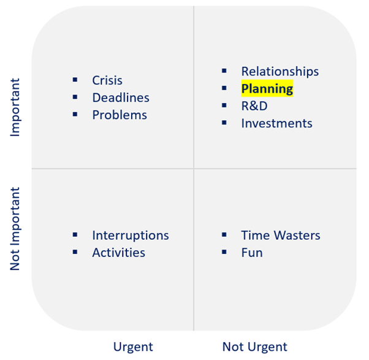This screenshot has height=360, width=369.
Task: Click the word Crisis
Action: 107,80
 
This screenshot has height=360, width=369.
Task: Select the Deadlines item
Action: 121,98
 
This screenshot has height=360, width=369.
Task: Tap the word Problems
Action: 120,115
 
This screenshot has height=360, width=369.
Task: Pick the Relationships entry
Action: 280,72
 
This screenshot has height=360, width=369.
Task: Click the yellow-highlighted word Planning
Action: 267,89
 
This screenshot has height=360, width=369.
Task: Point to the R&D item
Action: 254,106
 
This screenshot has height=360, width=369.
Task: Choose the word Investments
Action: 277,123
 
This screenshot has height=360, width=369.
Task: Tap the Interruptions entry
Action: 131,236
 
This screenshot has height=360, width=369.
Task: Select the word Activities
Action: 119,253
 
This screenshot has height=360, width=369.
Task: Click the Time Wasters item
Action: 281,236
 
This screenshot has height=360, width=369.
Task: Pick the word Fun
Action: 252,253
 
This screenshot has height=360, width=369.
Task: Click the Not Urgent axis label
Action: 254,347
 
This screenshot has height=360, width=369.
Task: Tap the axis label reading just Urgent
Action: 133,347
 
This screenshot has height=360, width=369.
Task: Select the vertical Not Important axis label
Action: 15,229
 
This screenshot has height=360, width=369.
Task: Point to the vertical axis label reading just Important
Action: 15,107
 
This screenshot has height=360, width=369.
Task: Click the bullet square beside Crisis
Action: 75,80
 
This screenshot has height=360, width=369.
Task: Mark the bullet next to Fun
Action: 224,252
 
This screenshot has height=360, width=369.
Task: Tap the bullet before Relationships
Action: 224,71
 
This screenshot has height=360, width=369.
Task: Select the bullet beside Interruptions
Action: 75,234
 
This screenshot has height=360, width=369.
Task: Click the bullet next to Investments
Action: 224,123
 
